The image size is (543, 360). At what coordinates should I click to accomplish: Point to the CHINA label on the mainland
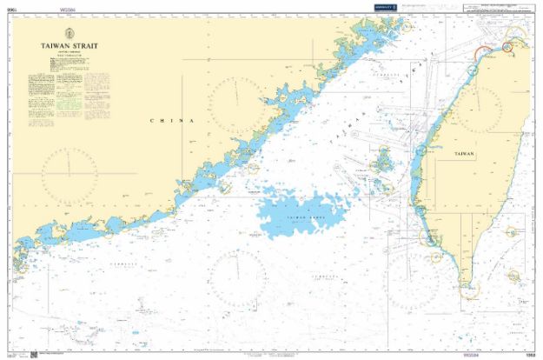coord(172,120)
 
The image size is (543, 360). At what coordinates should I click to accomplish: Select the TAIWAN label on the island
coord(465,153)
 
